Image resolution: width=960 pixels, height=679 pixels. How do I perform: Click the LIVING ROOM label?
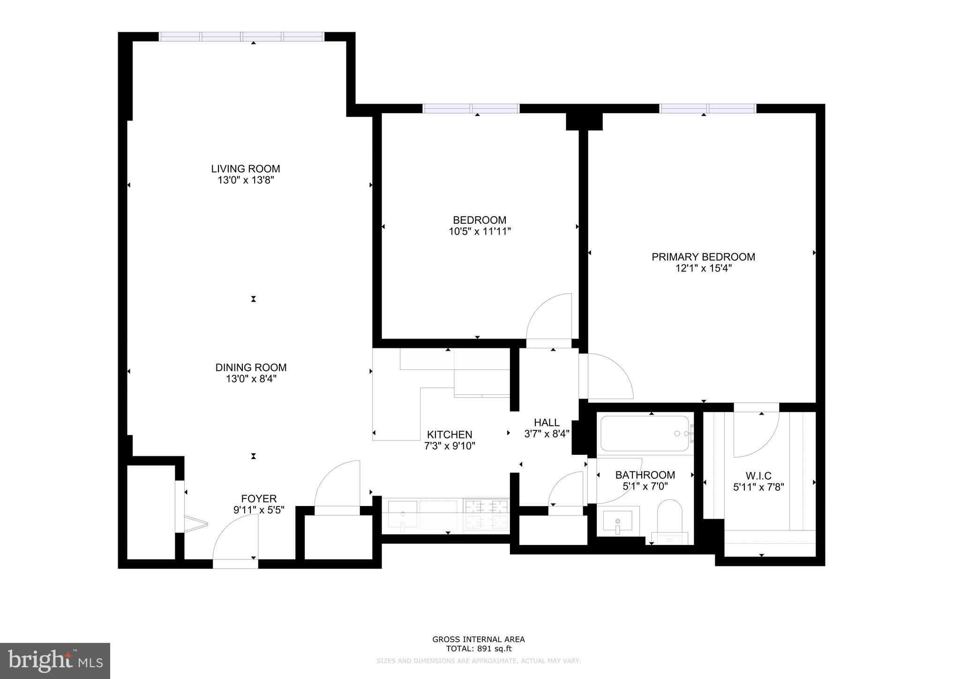point(245,169)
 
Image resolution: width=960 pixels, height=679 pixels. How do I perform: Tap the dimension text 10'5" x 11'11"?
point(479,231)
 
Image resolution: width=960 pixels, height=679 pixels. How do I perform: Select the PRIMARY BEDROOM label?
point(703,257)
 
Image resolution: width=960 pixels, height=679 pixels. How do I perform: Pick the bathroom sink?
point(617,522)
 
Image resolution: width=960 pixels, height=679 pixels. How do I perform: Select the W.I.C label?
point(758,476)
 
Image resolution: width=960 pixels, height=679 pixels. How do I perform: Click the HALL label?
point(547,422)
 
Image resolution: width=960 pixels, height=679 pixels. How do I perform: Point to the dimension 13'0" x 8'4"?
point(251,379)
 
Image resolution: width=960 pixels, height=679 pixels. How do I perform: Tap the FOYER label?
point(259,498)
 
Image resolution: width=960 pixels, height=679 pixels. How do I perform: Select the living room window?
point(241,37)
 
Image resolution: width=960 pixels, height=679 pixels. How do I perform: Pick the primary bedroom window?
point(708,108)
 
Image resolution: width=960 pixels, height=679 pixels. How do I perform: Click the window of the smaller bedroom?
point(471,108)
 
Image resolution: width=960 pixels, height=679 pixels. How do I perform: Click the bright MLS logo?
point(55,661)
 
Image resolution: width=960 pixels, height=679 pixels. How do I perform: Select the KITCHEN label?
point(449,435)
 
